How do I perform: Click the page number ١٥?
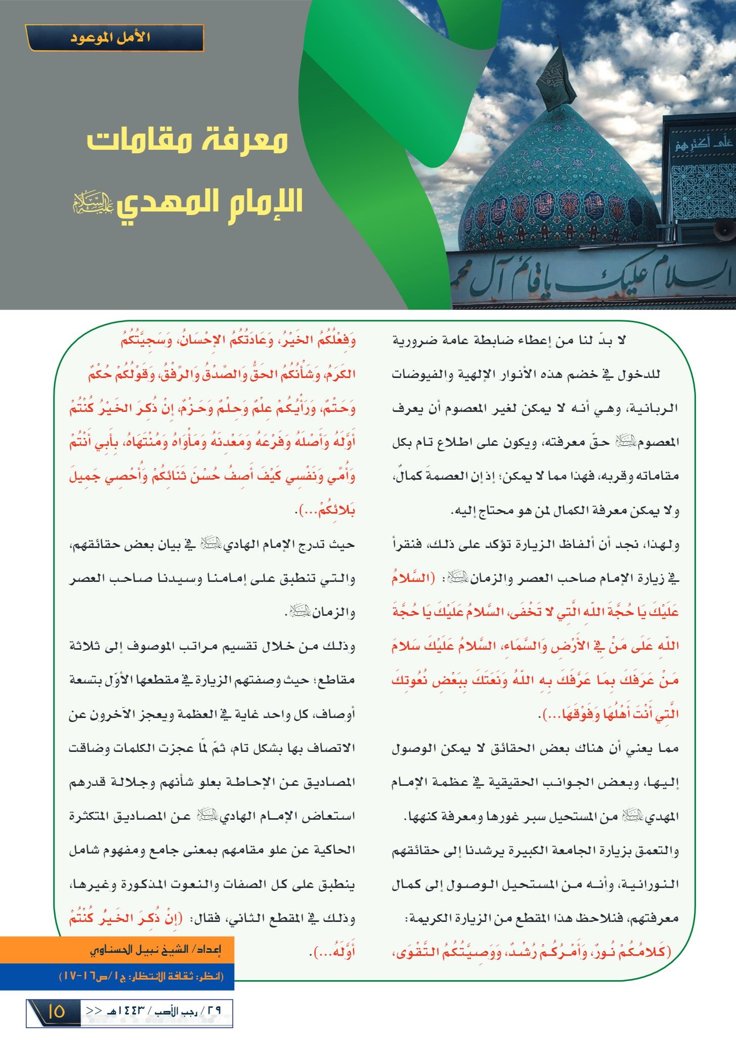[x=56, y=1012]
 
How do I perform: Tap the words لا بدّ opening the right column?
[x=615, y=341]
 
